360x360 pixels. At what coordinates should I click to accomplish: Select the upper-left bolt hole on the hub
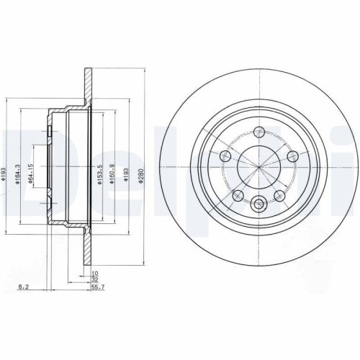coord(225,156)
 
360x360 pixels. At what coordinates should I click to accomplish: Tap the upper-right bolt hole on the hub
coord(292,156)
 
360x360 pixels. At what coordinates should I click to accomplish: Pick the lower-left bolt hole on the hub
coord(238,195)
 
